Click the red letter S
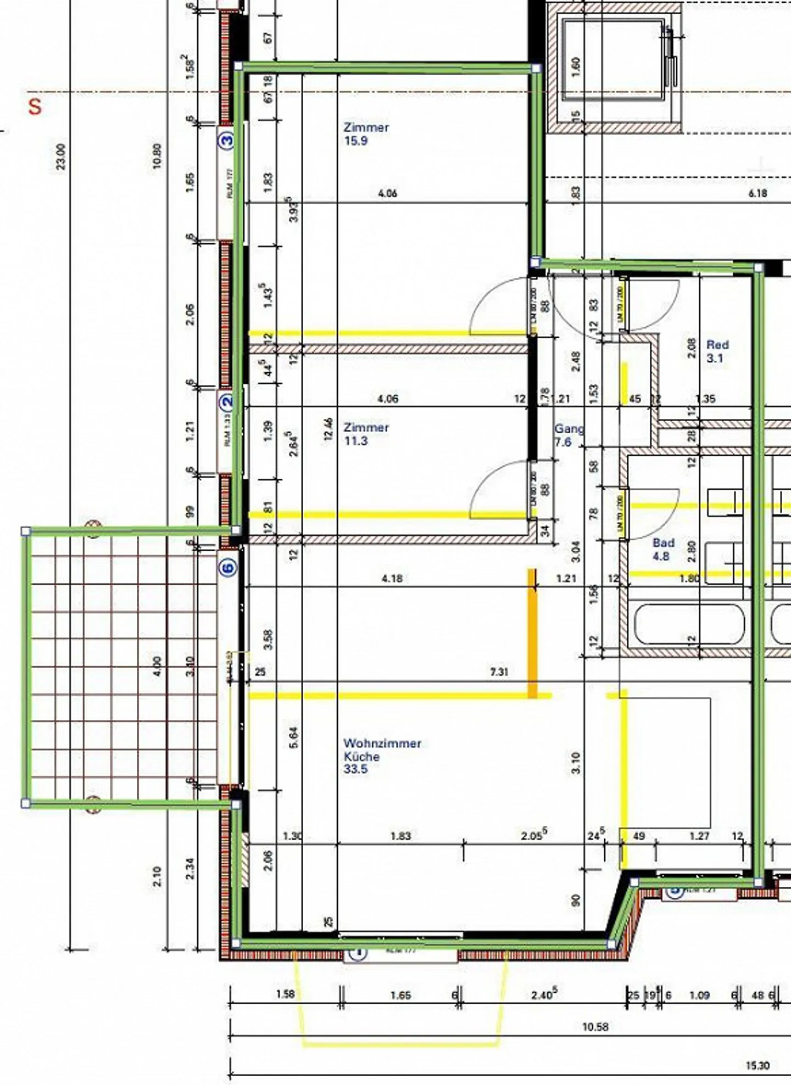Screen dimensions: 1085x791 point(35,106)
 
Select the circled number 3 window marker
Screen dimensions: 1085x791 point(226,140)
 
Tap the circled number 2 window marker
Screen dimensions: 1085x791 point(226,402)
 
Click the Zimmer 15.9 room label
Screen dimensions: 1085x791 point(366,133)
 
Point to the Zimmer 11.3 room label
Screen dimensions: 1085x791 point(366,434)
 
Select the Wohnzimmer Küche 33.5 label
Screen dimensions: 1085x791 point(382,756)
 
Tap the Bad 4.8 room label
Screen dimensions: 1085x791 point(663,549)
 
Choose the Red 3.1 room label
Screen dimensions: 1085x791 point(717,351)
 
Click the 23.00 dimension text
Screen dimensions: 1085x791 point(61,156)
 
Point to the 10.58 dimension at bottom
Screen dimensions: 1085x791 point(595,1026)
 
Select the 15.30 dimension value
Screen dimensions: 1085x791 point(757,1066)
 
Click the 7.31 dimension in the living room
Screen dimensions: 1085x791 point(499,672)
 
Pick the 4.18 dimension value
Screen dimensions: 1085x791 point(392,578)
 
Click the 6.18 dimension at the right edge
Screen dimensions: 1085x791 point(757,193)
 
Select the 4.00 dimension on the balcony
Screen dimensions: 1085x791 point(158,666)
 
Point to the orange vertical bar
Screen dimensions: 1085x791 point(532,633)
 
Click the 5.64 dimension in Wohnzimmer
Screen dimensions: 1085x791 point(293,737)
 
